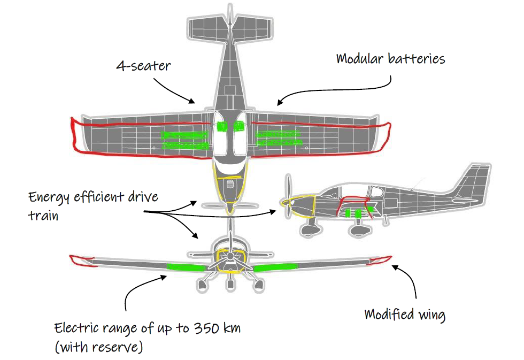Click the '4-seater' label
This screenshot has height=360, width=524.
pyautogui.click(x=144, y=66)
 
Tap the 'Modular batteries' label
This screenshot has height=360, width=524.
pyautogui.click(x=390, y=58)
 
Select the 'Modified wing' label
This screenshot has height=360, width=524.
pyautogui.click(x=404, y=314)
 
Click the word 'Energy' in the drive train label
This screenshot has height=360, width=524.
pyautogui.click(x=49, y=197)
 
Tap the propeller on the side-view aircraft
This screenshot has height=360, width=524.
pyautogui.click(x=289, y=200)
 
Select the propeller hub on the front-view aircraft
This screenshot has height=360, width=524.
pyautogui.click(x=230, y=257)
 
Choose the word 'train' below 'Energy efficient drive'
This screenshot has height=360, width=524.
pyautogui.click(x=43, y=216)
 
